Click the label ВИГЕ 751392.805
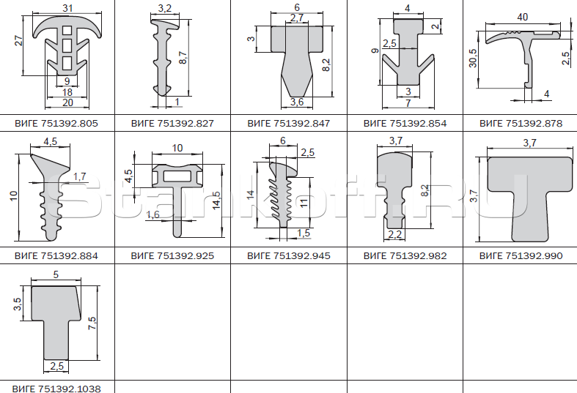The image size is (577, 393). coord(56,123)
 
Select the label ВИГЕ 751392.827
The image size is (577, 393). coord(172,123)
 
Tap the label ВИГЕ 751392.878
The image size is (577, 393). coord(521,123)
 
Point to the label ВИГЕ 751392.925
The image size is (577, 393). coord(172,255)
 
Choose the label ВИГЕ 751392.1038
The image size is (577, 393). coord(56,388)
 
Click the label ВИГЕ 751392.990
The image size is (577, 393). coord(521,255)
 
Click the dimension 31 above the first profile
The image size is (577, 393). coord(67,8)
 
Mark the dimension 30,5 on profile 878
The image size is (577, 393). coord(473,59)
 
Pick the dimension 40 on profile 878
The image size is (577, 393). coord(522,18)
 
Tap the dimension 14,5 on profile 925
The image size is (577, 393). coord(217,201)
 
